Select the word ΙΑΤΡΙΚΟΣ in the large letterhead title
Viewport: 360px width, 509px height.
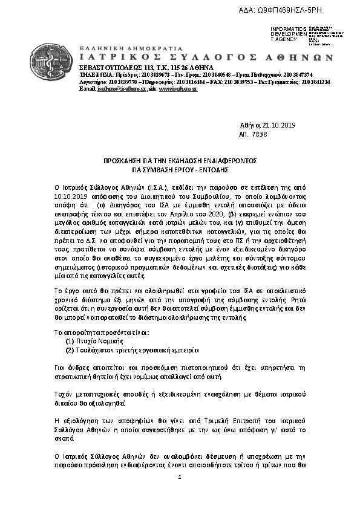pos(110,58)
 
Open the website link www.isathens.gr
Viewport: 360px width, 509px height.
pos(178,88)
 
